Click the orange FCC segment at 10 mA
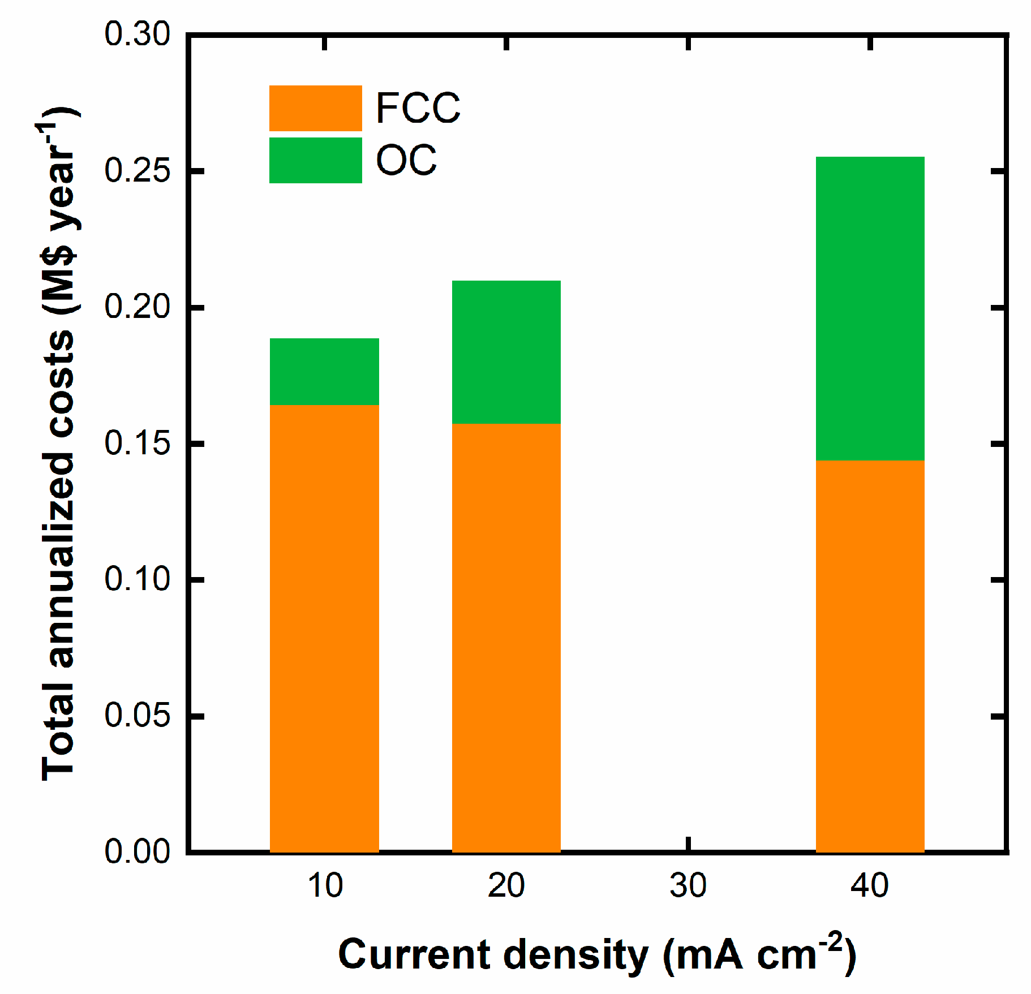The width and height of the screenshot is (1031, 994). click(324, 628)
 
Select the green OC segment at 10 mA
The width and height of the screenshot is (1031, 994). click(324, 371)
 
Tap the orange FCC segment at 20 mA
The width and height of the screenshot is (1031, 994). click(506, 638)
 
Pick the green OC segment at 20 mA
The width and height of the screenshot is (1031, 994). click(506, 351)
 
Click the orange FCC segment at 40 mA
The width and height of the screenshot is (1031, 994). click(870, 656)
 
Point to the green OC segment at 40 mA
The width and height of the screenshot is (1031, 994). click(870, 308)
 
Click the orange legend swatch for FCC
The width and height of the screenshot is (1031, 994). click(315, 108)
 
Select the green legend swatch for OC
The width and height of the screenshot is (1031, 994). click(315, 160)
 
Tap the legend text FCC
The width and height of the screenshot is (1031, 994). click(418, 108)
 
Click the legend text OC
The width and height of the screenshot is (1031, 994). click(406, 160)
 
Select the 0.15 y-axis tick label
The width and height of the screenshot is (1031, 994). click(137, 443)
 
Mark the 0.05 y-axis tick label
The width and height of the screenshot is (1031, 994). click(137, 715)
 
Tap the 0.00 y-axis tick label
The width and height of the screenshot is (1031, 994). click(137, 851)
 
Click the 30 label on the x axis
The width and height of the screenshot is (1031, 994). click(688, 886)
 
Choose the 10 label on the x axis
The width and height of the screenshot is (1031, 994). click(325, 886)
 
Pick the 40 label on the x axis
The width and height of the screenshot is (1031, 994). click(870, 886)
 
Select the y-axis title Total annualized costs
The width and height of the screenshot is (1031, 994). click(59, 441)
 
